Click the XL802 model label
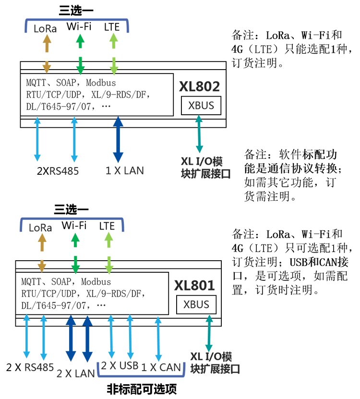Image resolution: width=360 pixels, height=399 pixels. tap(199, 86)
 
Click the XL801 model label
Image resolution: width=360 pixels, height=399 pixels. tap(194, 286)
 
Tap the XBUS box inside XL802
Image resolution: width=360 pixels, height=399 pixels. tap(201, 106)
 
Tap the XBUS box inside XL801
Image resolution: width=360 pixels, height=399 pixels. tap(196, 305)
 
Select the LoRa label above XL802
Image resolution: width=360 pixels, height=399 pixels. tap(45, 28)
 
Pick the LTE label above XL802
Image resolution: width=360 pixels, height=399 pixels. tap(112, 27)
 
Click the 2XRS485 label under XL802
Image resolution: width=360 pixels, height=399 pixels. tap(58, 171)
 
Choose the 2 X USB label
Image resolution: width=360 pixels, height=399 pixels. tap(120, 365)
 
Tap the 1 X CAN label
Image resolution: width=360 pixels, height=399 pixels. tap(161, 367)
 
